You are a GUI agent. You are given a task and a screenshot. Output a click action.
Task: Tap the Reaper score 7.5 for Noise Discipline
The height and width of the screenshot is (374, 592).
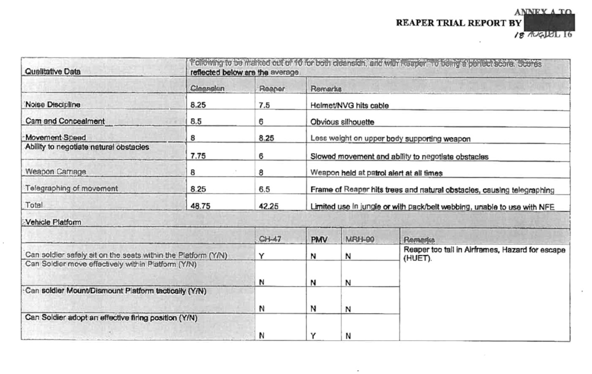coord(264,105)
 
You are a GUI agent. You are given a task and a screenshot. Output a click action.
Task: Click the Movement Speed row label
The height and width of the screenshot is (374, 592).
coord(56,138)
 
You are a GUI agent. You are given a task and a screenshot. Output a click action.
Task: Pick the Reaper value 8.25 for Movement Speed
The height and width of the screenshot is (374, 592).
coord(267,138)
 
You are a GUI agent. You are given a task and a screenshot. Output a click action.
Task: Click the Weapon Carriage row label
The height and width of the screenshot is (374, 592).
coord(55,172)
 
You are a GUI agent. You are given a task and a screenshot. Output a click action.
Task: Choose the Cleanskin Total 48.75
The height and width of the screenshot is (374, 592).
coord(200,207)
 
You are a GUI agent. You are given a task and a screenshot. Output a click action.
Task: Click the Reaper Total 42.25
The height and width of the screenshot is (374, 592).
coord(268,207)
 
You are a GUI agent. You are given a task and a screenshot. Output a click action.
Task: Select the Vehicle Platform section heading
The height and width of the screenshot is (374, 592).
coord(53,222)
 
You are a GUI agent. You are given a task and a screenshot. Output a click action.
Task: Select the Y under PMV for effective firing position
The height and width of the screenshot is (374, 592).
coord(313,335)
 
